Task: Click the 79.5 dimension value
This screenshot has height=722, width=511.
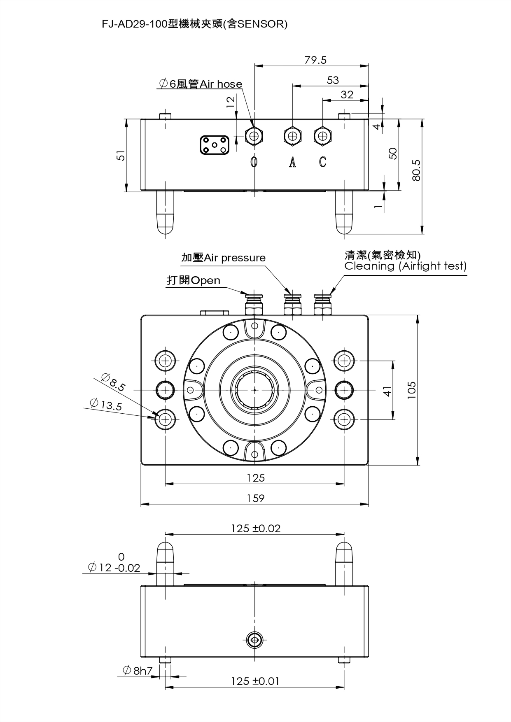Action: [315, 60]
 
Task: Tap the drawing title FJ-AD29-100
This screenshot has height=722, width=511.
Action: [135, 24]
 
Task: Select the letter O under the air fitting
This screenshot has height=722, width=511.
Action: [254, 162]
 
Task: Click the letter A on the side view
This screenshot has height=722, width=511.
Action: [292, 162]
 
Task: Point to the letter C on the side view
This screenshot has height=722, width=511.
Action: [322, 162]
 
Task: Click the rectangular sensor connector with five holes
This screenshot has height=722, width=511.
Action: [215, 145]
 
